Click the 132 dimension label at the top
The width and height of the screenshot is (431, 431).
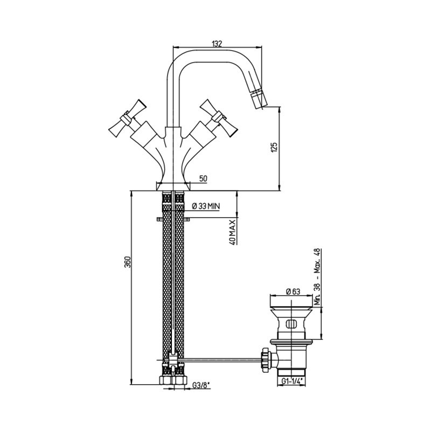tap(217, 44)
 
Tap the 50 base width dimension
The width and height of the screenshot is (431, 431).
tap(203, 178)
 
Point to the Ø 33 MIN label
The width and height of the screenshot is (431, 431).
tap(206, 206)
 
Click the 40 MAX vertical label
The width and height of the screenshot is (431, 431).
tap(232, 232)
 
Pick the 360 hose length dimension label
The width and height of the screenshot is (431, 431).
tap(127, 262)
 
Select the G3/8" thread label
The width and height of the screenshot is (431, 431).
tap(201, 386)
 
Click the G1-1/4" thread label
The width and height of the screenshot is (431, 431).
tap(291, 381)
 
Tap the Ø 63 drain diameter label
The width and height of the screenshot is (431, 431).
tap(293, 291)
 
